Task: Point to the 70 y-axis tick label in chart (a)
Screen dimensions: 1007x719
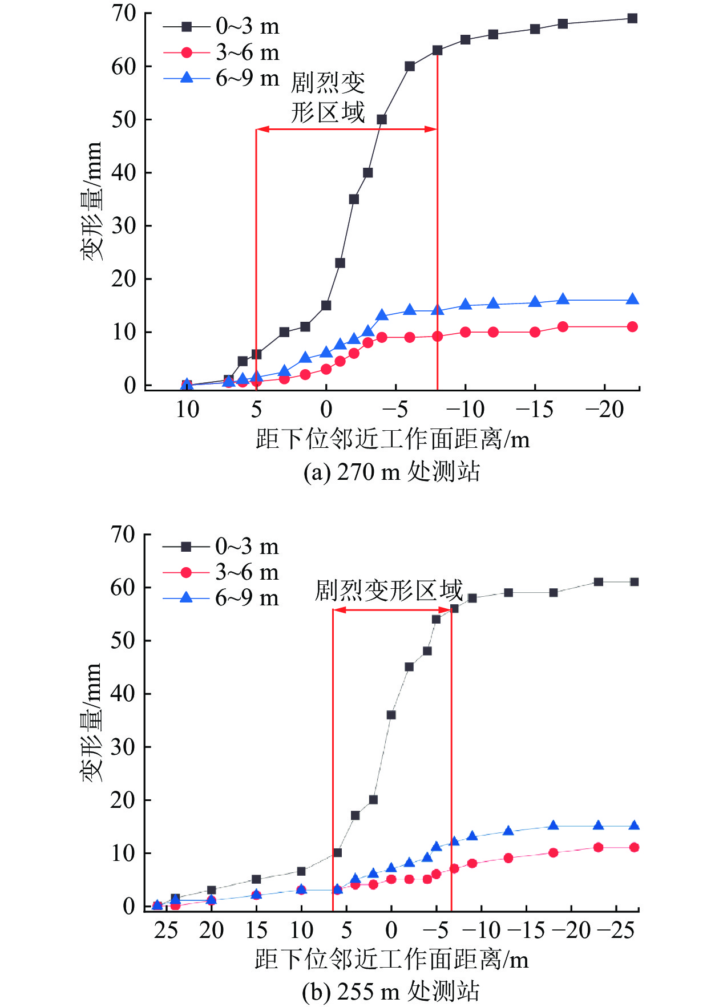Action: point(123,13)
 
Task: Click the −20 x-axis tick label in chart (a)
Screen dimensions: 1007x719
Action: point(604,409)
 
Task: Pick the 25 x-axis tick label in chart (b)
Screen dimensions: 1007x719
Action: point(166,931)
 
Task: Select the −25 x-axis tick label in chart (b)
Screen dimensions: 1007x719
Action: point(616,931)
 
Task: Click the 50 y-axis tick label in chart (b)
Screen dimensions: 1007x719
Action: point(123,641)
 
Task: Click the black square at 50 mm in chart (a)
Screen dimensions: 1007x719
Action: point(382,119)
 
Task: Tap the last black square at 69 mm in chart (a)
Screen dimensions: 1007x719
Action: point(632,18)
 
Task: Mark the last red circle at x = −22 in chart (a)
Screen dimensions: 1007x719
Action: point(632,327)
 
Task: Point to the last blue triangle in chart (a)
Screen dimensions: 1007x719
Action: point(632,300)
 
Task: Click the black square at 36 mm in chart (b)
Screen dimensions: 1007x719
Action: point(391,715)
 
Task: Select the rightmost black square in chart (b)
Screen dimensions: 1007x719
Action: point(634,582)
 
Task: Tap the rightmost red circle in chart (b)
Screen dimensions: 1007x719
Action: point(634,847)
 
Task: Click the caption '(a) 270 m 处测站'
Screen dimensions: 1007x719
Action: point(391,472)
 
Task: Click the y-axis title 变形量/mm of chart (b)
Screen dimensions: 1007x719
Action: point(91,722)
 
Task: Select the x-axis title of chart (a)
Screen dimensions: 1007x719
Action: point(393,440)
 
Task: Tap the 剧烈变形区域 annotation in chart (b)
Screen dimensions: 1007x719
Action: point(389,591)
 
